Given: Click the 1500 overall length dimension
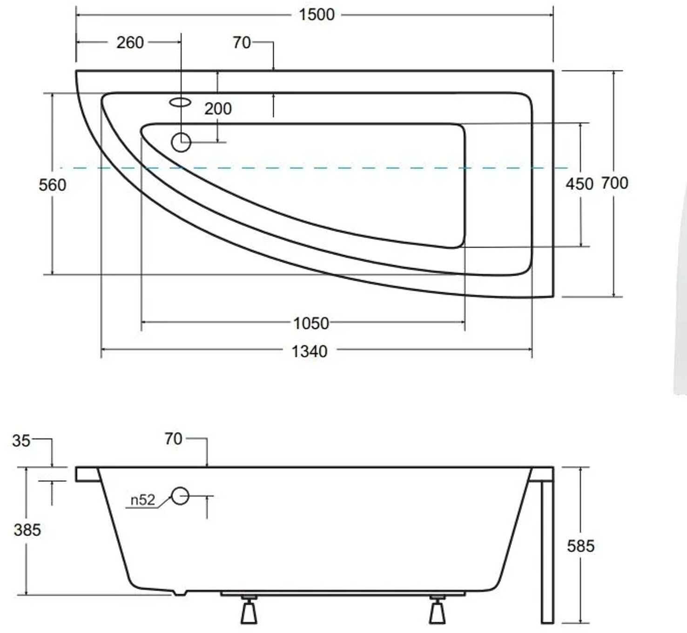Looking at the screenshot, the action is pyautogui.click(x=317, y=15).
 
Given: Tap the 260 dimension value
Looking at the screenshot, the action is pyautogui.click(x=130, y=43).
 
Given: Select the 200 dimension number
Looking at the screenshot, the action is pyautogui.click(x=218, y=109).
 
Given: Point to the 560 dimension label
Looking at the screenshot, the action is pyautogui.click(x=52, y=185).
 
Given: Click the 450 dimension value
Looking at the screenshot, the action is pyautogui.click(x=579, y=184).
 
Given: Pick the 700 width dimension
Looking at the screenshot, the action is pyautogui.click(x=615, y=183).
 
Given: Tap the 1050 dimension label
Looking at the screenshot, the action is pyautogui.click(x=311, y=323).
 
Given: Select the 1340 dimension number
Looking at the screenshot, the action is pyautogui.click(x=309, y=351).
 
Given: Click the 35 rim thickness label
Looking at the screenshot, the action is pyautogui.click(x=21, y=441).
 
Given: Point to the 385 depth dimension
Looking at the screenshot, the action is pyautogui.click(x=27, y=530).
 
